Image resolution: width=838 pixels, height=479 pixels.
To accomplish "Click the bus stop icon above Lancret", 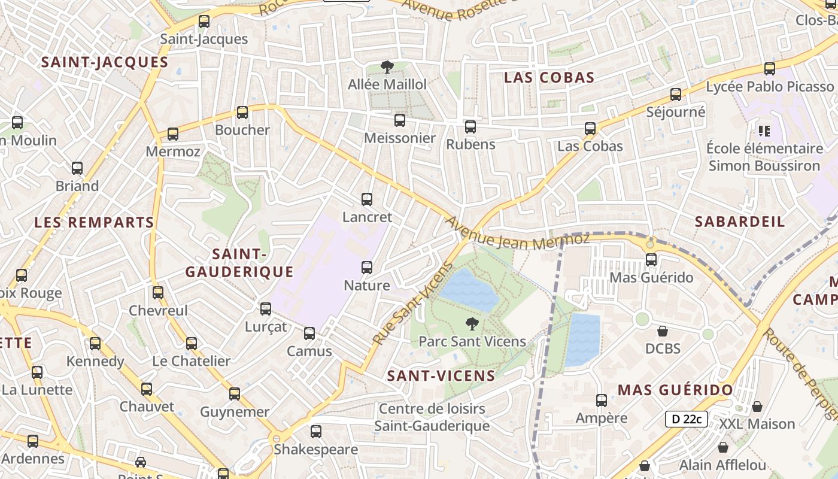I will pyautogui.click(x=367, y=199).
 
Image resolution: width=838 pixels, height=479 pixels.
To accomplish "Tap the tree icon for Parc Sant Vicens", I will pyautogui.click(x=472, y=324).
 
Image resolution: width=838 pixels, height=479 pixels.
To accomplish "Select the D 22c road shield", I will pyautogui.click(x=686, y=419).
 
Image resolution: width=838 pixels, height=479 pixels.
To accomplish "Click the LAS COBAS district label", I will pyautogui.click(x=549, y=77).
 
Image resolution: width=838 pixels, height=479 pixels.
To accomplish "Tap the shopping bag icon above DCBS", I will pyautogui.click(x=663, y=331).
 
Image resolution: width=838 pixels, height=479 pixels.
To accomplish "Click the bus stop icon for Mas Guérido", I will pyautogui.click(x=651, y=260).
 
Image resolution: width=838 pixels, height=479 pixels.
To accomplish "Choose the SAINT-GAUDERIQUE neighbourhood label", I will pyautogui.click(x=239, y=263).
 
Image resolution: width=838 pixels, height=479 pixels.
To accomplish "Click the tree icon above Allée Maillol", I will pyautogui.click(x=387, y=67).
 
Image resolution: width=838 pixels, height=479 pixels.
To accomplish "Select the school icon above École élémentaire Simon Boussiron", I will pyautogui.click(x=764, y=130).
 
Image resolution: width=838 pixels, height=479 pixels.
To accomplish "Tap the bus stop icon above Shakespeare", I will pyautogui.click(x=316, y=431).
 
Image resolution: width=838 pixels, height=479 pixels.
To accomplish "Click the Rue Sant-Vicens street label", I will pyautogui.click(x=412, y=304).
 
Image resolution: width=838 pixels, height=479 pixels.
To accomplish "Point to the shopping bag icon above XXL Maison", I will pyautogui.click(x=757, y=407).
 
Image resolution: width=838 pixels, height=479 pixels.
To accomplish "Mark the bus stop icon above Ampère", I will pyautogui.click(x=602, y=401).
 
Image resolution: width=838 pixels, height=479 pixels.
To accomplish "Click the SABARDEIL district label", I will pyautogui.click(x=739, y=222).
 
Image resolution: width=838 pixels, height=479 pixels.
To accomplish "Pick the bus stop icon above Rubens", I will pyautogui.click(x=470, y=127).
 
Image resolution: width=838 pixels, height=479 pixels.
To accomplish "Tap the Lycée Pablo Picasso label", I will pyautogui.click(x=769, y=87).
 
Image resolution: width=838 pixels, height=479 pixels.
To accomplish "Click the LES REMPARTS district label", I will pyautogui.click(x=94, y=223).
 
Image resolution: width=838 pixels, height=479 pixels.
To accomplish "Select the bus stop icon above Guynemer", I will pyautogui.click(x=235, y=394).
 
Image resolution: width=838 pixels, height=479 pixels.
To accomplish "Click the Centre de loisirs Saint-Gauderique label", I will pyautogui.click(x=432, y=418).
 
